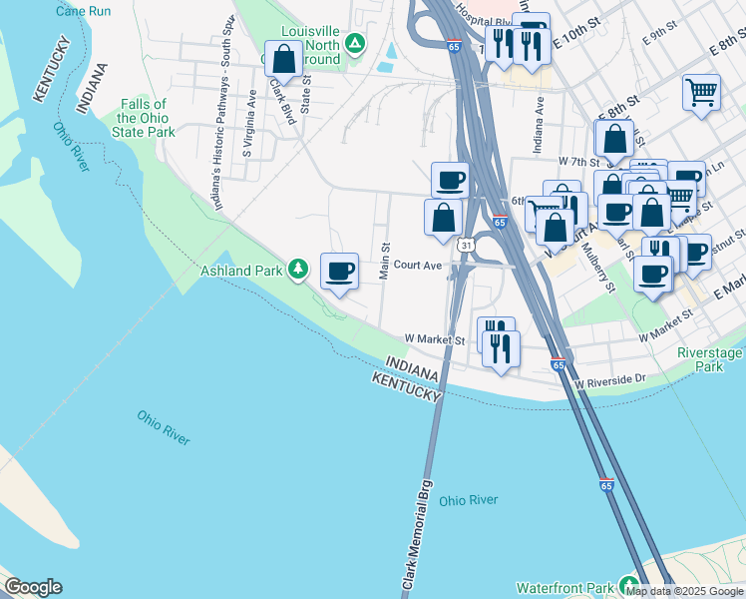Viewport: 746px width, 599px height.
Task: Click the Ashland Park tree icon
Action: (297, 269)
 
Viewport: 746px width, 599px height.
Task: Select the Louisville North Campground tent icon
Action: (354, 44)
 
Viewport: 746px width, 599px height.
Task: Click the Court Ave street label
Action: (417, 266)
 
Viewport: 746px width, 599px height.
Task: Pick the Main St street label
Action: (384, 261)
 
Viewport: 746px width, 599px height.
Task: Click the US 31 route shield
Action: (467, 245)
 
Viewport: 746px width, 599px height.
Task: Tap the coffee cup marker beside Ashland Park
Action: (339, 271)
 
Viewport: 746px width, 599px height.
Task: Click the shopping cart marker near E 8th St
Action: (702, 92)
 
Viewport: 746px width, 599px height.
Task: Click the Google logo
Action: (32, 587)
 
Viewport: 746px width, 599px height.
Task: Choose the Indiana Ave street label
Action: (540, 117)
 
